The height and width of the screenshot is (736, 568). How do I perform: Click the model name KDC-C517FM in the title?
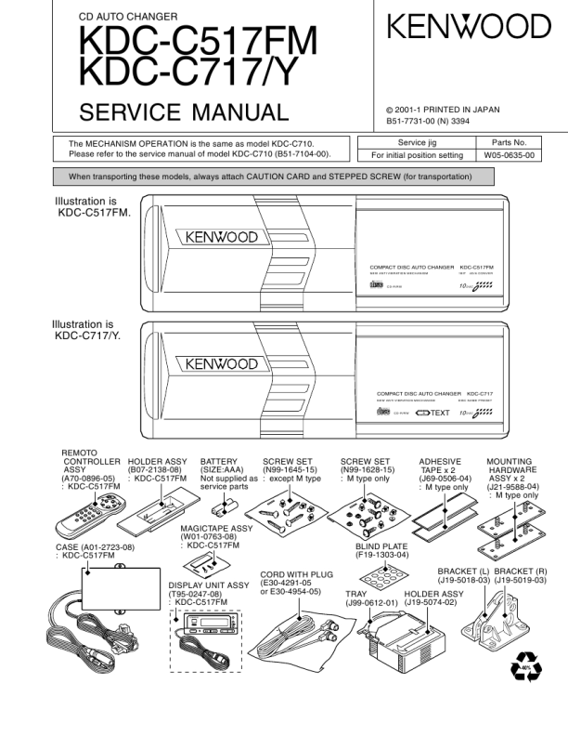[198, 40]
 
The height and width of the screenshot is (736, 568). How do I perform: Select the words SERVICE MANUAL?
[184, 113]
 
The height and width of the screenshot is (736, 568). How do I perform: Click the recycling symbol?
[526, 668]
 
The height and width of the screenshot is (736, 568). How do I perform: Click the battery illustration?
[223, 507]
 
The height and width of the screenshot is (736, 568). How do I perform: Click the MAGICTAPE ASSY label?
[216, 528]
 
